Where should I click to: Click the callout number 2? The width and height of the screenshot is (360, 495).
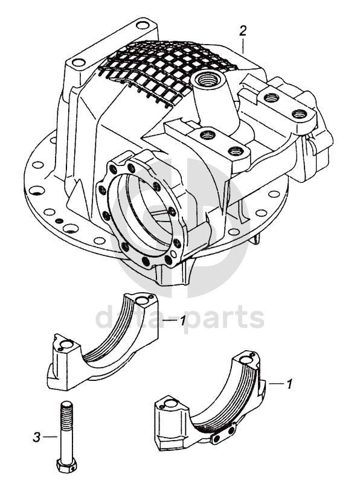(243, 31)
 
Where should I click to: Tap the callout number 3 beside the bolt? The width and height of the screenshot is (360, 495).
(37, 437)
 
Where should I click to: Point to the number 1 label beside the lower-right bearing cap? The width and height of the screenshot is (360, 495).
(288, 383)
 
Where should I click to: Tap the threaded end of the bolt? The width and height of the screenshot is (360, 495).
(66, 411)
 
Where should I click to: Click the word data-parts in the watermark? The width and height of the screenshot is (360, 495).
(180, 318)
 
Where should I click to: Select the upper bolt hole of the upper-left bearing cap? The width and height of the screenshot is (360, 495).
(141, 300)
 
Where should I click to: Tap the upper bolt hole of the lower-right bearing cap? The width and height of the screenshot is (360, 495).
(245, 359)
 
